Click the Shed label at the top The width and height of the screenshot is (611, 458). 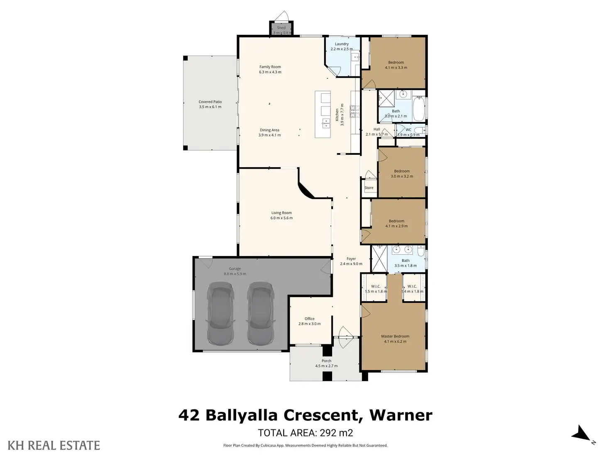pyautogui.click(x=281, y=27)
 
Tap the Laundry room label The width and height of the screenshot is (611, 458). pyautogui.click(x=342, y=44)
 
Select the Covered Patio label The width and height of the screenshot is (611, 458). pyautogui.click(x=210, y=102)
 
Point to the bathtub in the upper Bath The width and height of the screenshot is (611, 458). pyautogui.click(x=419, y=108)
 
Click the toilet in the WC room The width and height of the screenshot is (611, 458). pyautogui.click(x=419, y=130)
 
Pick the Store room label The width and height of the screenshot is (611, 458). pyautogui.click(x=369, y=188)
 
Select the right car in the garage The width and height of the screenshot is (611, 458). pyautogui.click(x=261, y=313)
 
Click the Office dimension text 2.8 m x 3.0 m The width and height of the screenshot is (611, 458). pyautogui.click(x=310, y=324)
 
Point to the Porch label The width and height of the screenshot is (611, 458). pyautogui.click(x=327, y=361)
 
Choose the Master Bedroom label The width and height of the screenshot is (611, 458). pyautogui.click(x=395, y=336)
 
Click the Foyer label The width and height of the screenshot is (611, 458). pyautogui.click(x=351, y=258)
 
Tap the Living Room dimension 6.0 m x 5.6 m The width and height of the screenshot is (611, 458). pyautogui.click(x=281, y=218)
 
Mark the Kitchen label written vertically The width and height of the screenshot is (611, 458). pyautogui.click(x=337, y=114)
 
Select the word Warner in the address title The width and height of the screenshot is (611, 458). pyautogui.click(x=401, y=415)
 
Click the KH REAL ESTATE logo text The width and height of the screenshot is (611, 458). pyautogui.click(x=54, y=446)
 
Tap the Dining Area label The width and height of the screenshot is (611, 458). pyautogui.click(x=269, y=130)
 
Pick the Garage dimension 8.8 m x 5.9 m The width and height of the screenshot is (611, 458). pyautogui.click(x=235, y=274)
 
